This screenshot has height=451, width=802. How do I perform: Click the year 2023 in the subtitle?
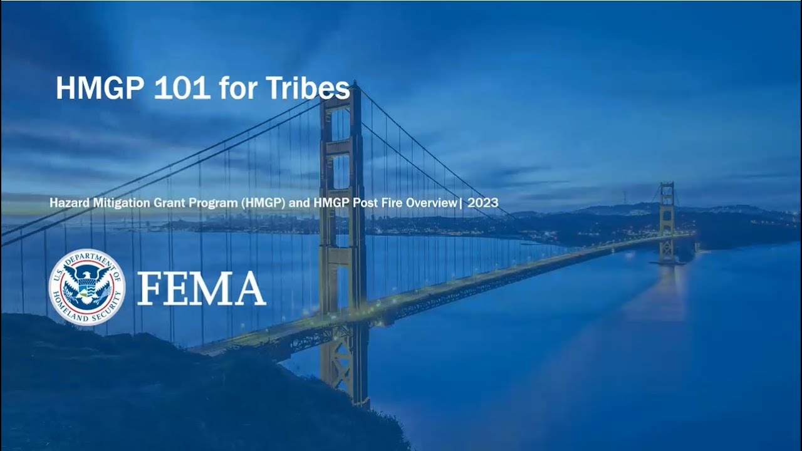482,203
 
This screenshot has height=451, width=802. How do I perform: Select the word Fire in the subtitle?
388,203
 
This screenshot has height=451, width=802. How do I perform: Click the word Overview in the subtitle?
431,203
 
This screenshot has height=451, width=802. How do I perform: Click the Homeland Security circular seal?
87,287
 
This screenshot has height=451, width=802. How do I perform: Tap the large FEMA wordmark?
202,288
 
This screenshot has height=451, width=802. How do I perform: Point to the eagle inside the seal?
87,283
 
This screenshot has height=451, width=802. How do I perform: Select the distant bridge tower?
666,222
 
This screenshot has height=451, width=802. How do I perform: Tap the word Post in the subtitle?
363,203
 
